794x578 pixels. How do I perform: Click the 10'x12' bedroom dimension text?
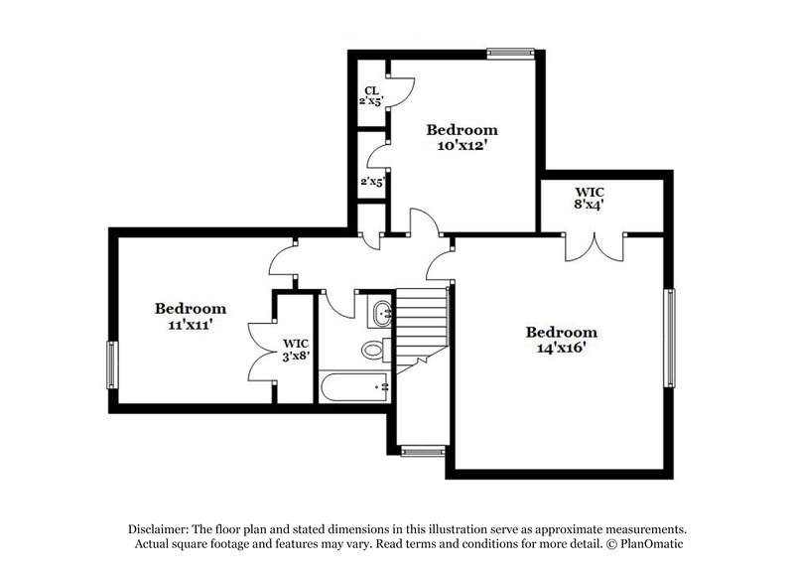click(x=462, y=145)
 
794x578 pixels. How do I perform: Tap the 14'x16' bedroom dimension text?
click(x=561, y=349)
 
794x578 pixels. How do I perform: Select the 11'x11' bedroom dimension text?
click(x=191, y=325)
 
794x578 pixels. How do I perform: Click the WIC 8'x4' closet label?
click(x=590, y=197)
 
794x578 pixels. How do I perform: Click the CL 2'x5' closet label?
click(x=371, y=95)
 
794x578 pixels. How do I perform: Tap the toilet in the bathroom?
click(x=374, y=350)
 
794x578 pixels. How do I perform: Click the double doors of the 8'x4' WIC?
click(x=594, y=246)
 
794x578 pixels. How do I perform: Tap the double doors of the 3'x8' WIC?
click(x=262, y=350)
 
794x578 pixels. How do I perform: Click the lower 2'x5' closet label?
click(x=372, y=182)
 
